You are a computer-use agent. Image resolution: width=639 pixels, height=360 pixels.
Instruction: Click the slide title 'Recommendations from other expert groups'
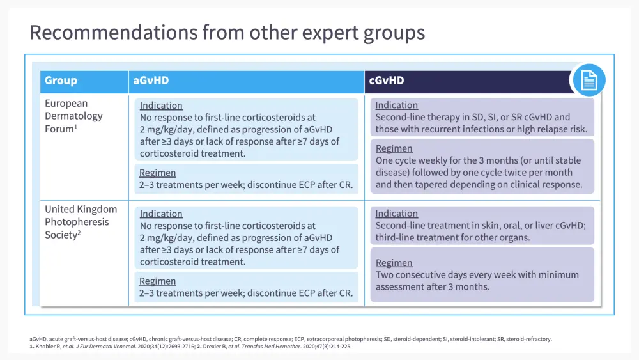click(x=227, y=33)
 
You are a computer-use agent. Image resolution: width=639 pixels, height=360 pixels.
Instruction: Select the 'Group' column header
click(x=61, y=81)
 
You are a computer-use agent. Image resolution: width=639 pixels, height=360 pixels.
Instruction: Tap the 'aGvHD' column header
click(x=151, y=81)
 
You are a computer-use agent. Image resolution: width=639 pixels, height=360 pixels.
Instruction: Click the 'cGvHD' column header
click(x=387, y=81)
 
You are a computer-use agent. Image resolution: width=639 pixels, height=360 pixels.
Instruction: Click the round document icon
click(x=589, y=80)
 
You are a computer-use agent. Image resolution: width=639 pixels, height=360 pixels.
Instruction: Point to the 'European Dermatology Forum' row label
click(x=73, y=116)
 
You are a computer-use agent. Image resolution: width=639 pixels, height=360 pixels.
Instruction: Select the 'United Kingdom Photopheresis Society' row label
click(x=81, y=222)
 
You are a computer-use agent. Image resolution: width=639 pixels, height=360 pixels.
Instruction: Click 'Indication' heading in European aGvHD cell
click(x=161, y=106)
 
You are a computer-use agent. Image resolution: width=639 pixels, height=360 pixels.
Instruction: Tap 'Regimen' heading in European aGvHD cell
click(x=158, y=173)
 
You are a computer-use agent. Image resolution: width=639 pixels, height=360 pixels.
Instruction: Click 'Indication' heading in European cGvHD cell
click(x=397, y=105)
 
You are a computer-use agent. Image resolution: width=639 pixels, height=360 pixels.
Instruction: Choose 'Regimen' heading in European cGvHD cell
click(x=394, y=148)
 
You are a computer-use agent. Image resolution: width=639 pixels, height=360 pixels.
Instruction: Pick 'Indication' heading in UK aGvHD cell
click(x=161, y=214)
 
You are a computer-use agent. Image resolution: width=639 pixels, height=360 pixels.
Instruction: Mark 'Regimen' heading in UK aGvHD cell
click(x=158, y=281)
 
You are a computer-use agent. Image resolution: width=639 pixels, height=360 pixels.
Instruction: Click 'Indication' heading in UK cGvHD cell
click(x=397, y=213)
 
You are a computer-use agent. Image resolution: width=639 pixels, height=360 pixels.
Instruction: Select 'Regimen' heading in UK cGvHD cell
click(x=394, y=263)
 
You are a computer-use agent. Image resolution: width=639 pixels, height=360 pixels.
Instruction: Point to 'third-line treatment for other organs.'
click(x=453, y=237)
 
